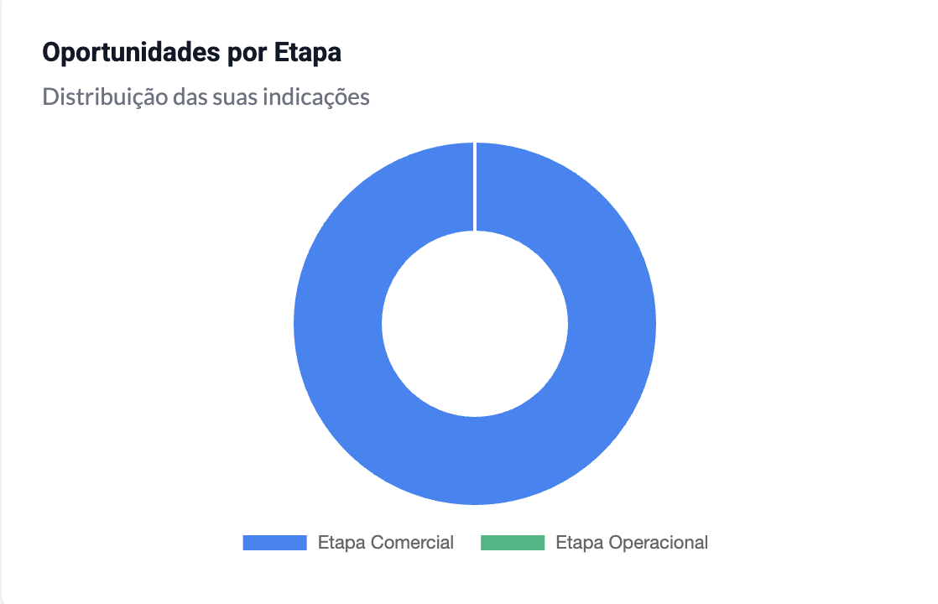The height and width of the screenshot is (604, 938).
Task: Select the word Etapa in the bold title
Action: (307, 53)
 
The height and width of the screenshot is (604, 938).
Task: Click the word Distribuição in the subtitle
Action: (105, 96)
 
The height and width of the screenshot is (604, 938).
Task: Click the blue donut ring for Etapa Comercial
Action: (339, 323)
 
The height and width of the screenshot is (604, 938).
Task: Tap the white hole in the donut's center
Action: (475, 324)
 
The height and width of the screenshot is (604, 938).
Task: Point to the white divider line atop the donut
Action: (475, 186)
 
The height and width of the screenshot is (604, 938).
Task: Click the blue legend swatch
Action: (274, 543)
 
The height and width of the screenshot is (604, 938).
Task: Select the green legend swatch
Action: (513, 543)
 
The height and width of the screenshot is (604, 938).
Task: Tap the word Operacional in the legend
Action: (659, 543)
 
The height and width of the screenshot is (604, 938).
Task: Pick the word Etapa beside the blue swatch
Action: (341, 543)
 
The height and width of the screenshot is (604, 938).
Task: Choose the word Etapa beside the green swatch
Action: (580, 543)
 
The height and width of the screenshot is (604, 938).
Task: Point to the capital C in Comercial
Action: (378, 543)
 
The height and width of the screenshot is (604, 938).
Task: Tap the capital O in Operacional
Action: (617, 543)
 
